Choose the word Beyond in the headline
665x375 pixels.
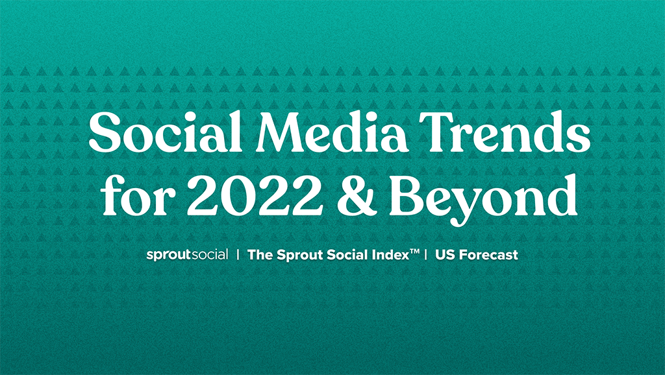point(483,199)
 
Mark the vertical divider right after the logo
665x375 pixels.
point(238,254)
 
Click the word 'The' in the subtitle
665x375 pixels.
point(260,254)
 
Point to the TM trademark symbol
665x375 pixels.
point(415,252)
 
